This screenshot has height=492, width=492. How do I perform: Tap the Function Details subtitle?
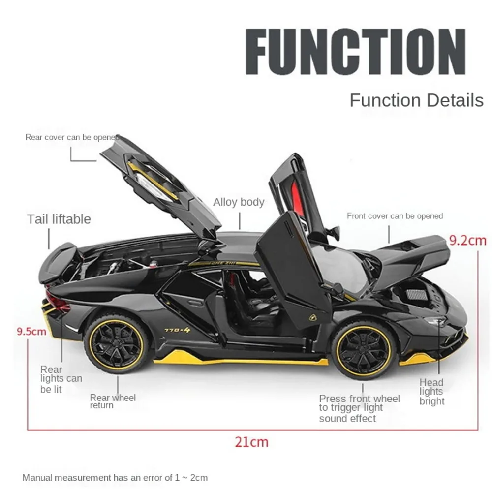(x=416, y=100)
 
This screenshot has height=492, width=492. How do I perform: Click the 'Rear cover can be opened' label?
(x=72, y=138)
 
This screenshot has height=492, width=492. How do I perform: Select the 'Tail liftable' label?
(x=59, y=219)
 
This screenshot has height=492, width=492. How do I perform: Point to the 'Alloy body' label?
(x=239, y=202)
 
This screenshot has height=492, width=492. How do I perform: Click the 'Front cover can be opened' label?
(x=395, y=216)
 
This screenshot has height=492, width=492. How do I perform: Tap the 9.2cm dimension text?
(x=467, y=241)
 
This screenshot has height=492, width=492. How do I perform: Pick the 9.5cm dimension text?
(x=31, y=331)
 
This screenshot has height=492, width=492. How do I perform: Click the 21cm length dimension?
(x=251, y=442)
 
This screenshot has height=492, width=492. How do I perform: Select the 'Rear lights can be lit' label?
(x=61, y=379)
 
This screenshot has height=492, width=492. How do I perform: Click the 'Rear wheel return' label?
(x=113, y=401)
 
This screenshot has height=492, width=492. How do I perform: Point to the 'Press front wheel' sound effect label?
(x=359, y=408)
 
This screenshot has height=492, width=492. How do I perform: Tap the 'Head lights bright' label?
(x=431, y=392)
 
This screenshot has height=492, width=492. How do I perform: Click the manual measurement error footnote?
(x=115, y=477)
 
